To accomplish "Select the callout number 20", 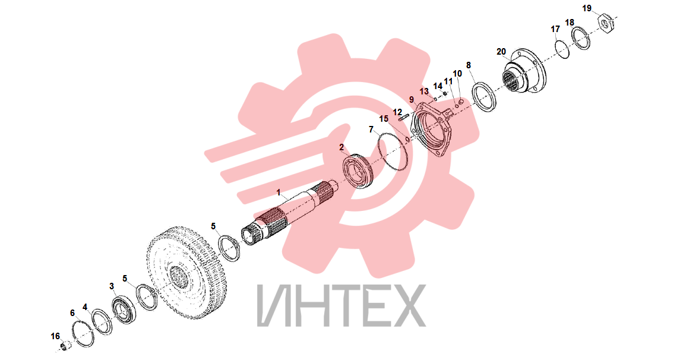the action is point(501,52).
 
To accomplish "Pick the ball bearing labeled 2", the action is point(357,170).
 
